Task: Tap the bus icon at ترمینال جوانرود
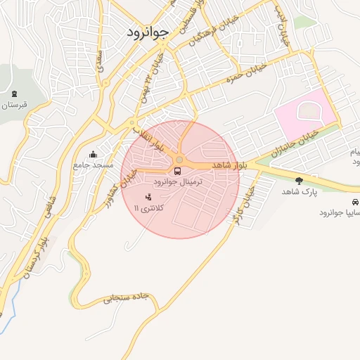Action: click(x=177, y=170)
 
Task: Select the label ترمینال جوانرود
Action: click(x=178, y=181)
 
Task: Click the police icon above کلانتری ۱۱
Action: click(x=148, y=198)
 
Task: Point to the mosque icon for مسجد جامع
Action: click(x=94, y=154)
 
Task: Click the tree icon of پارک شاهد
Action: click(x=300, y=181)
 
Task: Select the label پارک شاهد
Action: click(x=300, y=191)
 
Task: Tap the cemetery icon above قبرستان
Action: click(x=15, y=94)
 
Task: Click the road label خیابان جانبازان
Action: click(x=295, y=141)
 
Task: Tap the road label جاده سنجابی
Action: click(x=126, y=297)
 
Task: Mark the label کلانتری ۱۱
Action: click(x=148, y=209)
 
